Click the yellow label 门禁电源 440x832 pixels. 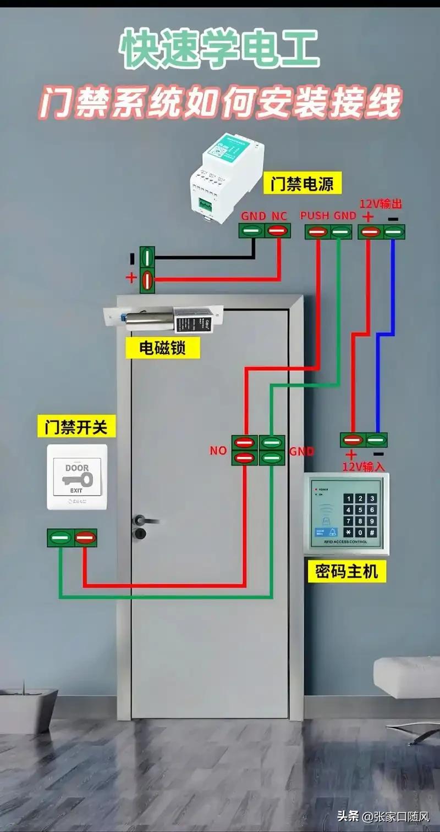point(301,184)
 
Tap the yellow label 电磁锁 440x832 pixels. point(162,348)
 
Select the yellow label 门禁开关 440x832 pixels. point(76,427)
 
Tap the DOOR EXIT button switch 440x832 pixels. point(77,476)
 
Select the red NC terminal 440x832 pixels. point(278,231)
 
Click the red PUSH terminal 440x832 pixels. point(317,231)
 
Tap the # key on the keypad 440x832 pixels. point(372,533)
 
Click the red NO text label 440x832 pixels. point(218,451)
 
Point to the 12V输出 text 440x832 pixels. point(381,204)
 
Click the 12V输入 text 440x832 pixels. point(363,467)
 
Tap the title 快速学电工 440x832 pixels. point(220,51)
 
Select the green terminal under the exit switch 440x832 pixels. point(59,537)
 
